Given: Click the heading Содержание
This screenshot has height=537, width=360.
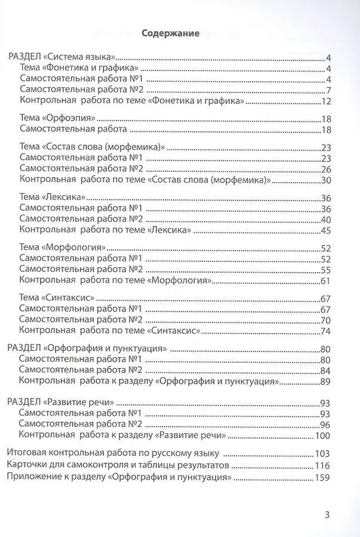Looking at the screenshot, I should click(x=170, y=34).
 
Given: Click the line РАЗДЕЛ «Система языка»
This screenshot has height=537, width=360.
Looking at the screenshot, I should click(x=61, y=58).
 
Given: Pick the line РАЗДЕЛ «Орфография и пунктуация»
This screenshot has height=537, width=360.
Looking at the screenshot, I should click(x=86, y=348).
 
